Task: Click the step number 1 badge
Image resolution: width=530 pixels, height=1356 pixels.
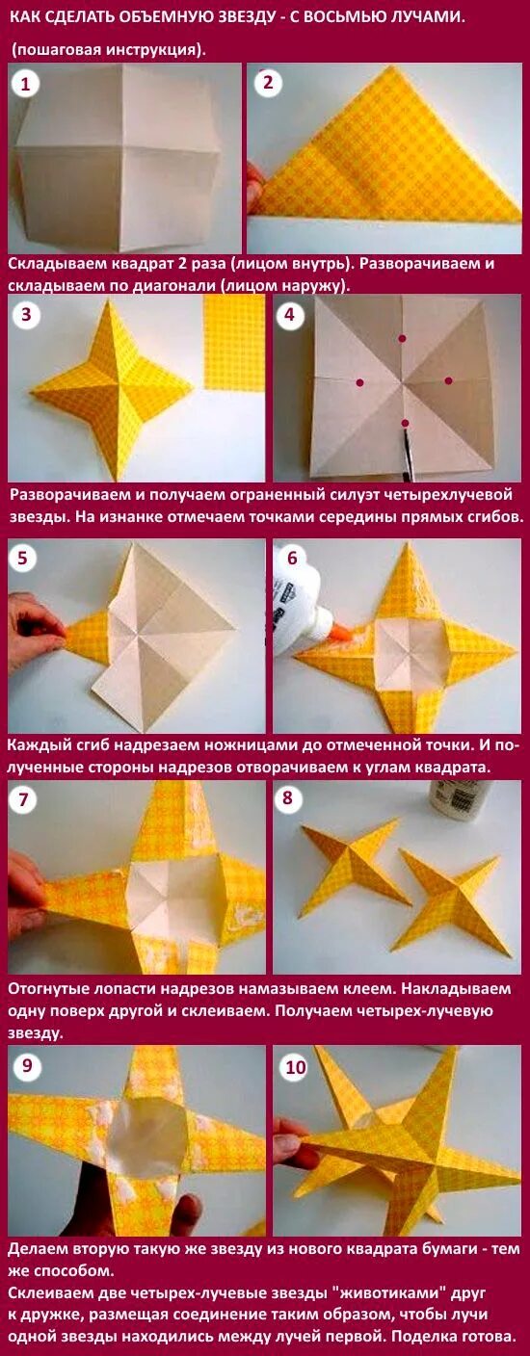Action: pyautogui.click(x=25, y=84)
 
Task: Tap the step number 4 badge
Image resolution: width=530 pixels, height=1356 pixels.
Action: pyautogui.click(x=289, y=315)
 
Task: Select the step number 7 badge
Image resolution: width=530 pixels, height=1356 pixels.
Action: pyautogui.click(x=23, y=799)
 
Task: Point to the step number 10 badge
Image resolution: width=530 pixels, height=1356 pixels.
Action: pyautogui.click(x=296, y=1067)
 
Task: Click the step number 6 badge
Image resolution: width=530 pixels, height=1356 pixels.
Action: pyautogui.click(x=292, y=558)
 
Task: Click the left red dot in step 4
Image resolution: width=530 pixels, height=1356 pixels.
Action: pyautogui.click(x=359, y=382)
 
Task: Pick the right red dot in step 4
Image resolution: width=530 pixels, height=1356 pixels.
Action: pyautogui.click(x=448, y=380)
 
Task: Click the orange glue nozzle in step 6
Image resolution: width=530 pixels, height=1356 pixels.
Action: pyautogui.click(x=342, y=633)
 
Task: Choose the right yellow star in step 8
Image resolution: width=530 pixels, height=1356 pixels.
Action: pyautogui.click(x=449, y=900)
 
